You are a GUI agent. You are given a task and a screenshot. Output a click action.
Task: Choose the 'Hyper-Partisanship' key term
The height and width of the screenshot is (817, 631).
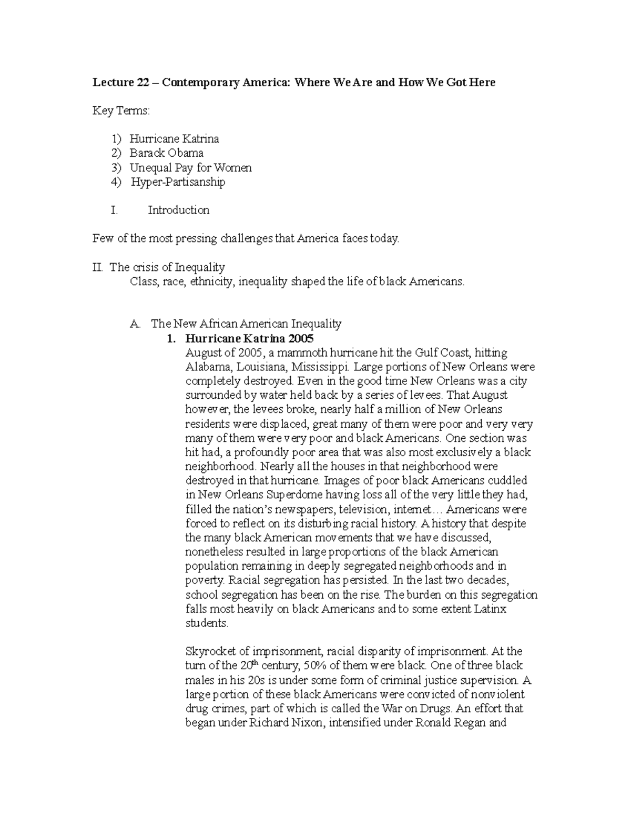pyautogui.click(x=178, y=182)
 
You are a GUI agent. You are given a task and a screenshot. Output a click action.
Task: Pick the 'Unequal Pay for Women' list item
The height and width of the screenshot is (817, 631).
pyautogui.click(x=190, y=168)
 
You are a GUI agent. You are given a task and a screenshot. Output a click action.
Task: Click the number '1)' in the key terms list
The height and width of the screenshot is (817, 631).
pyautogui.click(x=116, y=139)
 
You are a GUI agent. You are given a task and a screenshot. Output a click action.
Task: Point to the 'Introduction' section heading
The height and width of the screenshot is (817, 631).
pyautogui.click(x=178, y=210)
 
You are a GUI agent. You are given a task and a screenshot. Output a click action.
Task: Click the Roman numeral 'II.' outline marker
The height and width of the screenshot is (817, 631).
pyautogui.click(x=98, y=267)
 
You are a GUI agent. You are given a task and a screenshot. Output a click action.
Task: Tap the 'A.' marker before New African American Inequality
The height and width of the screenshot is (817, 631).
pyautogui.click(x=135, y=324)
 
